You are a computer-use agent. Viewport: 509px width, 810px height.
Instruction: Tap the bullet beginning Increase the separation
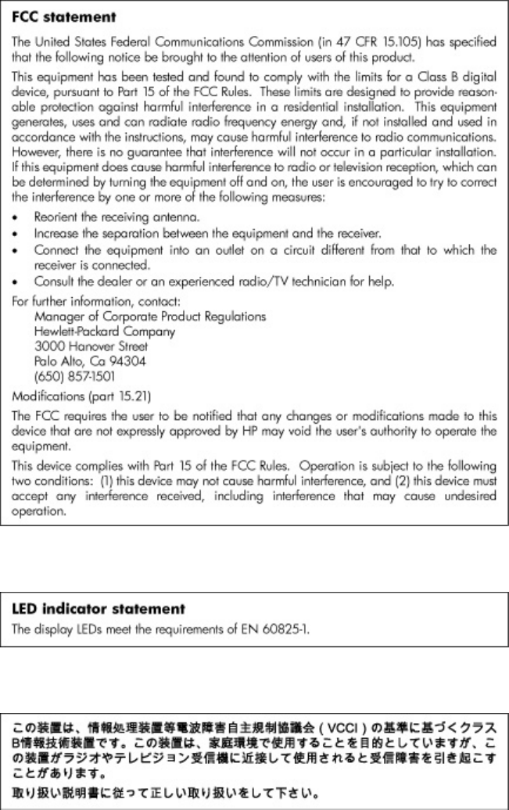pyautogui.click(x=195, y=233)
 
